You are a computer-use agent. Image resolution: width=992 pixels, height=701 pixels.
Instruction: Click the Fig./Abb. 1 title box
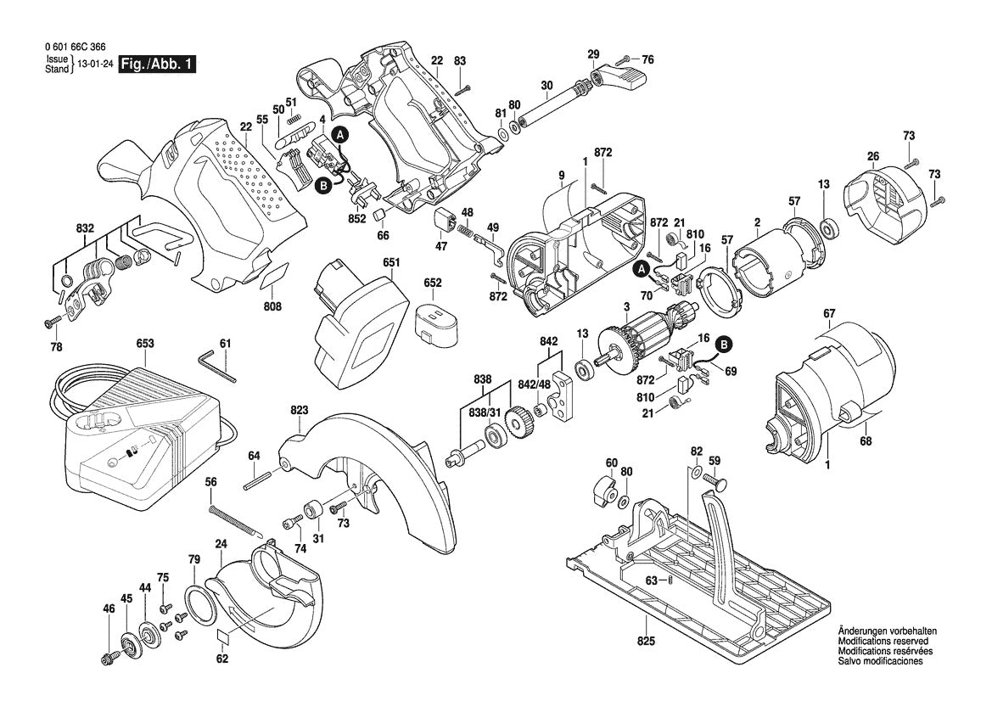coord(157,64)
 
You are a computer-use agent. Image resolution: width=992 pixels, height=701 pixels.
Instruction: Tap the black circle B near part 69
coord(724,344)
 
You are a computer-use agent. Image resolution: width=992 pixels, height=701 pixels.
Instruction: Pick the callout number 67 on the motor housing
coord(828,314)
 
